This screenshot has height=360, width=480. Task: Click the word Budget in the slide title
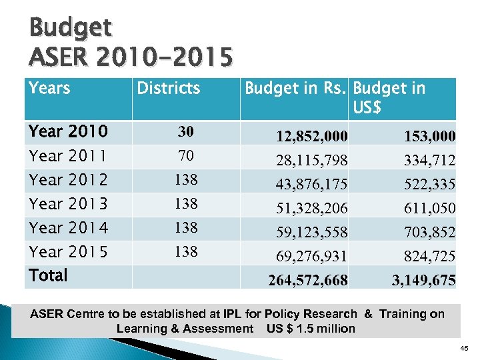coord(71,27)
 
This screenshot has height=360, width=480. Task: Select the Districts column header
coord(168,88)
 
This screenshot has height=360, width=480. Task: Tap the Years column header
coord(50,88)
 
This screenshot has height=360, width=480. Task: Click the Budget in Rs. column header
coord(296,88)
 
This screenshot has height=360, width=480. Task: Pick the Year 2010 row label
coord(69,132)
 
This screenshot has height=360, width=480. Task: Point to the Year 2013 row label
coord(69,204)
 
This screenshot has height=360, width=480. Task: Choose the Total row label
coord(49,275)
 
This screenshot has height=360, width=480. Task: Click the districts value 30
coord(185,132)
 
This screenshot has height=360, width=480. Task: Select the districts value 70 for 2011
coord(185,156)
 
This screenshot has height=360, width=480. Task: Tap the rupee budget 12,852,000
coord(312,137)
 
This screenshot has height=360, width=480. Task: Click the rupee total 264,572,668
coord(308,281)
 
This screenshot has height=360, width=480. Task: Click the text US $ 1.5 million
coord(311,328)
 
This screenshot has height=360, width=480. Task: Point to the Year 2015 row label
coord(69,252)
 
